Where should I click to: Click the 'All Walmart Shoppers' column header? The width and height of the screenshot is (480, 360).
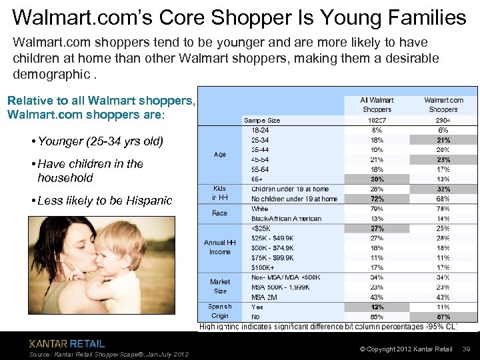point(377,105)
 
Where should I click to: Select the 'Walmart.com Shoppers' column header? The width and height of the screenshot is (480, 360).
point(443,105)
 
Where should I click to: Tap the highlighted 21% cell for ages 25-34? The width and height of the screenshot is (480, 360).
point(443,141)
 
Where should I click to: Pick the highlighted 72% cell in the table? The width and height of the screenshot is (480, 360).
point(377,199)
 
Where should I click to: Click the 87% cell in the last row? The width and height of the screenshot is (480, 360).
point(443,317)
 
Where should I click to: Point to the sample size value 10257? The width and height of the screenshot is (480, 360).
point(377,121)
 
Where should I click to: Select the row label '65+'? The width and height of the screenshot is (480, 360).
point(257,179)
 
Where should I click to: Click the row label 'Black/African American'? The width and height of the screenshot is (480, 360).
point(286,219)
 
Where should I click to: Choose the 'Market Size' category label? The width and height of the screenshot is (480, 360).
point(219,287)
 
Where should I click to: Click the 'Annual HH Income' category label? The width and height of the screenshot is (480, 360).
point(219,247)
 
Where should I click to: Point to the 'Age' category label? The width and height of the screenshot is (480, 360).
point(219,155)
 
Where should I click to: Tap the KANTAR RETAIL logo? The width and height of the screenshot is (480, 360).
point(67,344)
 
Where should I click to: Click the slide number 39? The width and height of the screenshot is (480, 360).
point(467,349)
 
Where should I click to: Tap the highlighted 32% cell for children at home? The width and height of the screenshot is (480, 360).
point(443,189)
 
